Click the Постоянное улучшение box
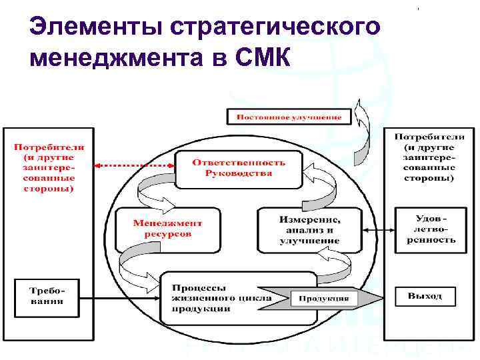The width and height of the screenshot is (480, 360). [x=288, y=117]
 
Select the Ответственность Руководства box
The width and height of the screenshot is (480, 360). [x=238, y=168]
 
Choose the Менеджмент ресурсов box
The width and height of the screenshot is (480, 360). [x=167, y=229]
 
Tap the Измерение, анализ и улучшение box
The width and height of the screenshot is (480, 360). [x=309, y=229]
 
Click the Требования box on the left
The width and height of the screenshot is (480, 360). [x=46, y=295]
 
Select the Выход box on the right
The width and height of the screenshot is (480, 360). [x=425, y=295]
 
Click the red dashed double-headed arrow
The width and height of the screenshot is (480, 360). [x=133, y=165]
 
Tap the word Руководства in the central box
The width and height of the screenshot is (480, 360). [x=238, y=173]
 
